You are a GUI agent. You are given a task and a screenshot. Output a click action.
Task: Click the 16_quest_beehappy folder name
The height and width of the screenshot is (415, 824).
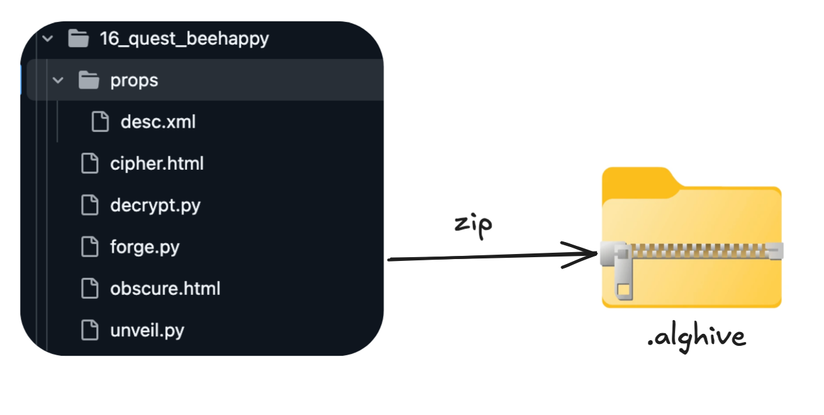[x=184, y=39]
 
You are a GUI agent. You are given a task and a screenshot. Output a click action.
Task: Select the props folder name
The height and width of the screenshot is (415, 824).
[x=134, y=80]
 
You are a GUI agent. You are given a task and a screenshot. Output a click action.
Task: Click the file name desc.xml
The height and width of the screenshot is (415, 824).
[x=158, y=122]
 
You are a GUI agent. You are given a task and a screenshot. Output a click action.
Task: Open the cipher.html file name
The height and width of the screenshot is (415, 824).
[x=157, y=164]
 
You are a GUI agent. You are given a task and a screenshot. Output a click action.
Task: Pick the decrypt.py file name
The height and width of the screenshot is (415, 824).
[x=155, y=206]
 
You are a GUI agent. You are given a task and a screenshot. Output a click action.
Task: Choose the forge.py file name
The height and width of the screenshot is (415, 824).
[x=145, y=247]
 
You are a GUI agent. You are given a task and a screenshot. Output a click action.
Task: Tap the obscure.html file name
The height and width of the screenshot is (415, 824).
[x=165, y=289]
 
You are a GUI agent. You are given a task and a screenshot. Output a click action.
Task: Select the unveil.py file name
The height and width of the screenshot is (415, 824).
[x=147, y=330]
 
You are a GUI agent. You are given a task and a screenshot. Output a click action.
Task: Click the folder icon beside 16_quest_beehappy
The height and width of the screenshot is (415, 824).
[x=78, y=39]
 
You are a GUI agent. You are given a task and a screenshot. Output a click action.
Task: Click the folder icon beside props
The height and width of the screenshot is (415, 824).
[x=89, y=80]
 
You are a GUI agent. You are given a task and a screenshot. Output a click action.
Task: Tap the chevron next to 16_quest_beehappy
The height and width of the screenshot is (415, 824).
[x=47, y=39]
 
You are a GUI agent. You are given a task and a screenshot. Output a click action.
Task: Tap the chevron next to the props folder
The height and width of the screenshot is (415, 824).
[x=58, y=80]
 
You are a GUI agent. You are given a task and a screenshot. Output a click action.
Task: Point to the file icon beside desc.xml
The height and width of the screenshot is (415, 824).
[x=100, y=121]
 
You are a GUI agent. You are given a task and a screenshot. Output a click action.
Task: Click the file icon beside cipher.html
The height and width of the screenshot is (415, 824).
[x=90, y=163]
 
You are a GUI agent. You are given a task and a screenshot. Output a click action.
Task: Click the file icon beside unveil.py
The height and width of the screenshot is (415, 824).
[x=90, y=330]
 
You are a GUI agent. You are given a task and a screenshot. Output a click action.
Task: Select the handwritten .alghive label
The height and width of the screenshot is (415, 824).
[x=696, y=338]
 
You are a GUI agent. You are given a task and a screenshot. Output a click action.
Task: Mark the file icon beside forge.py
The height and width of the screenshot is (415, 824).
[x=90, y=247]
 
